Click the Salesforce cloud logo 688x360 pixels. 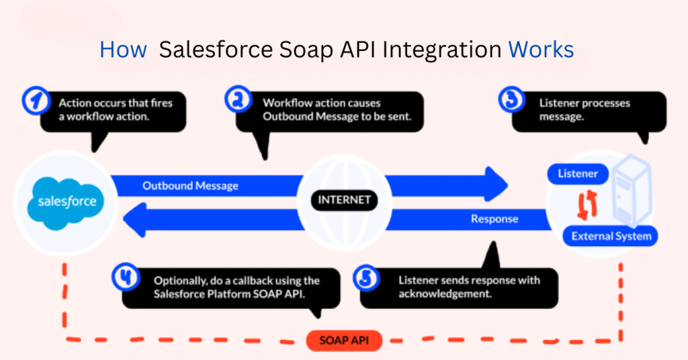point(67,199)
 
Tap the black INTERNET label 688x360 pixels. point(343,199)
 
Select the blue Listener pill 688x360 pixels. point(578,174)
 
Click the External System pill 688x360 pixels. point(611,236)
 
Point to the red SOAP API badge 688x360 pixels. point(343,341)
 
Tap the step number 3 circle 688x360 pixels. point(513,101)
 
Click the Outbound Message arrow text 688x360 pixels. point(190,185)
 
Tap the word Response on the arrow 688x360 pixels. point(494,218)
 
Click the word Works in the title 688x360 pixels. point(541,50)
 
